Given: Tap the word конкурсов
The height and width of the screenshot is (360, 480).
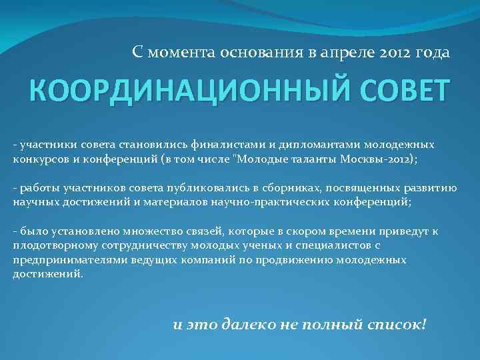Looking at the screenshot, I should point(38,160).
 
